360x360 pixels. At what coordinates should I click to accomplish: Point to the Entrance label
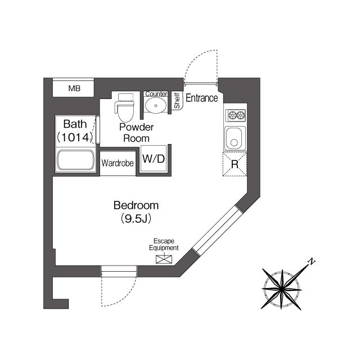201,98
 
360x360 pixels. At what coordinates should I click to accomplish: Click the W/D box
154,159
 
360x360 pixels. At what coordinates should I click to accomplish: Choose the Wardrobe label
118,164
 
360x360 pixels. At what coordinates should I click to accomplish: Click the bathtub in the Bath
75,160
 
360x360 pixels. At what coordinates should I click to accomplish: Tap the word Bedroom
136,205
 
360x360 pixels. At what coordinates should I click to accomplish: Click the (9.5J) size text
136,218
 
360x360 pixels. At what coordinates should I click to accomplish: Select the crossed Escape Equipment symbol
164,259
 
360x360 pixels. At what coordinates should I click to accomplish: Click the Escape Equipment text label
164,244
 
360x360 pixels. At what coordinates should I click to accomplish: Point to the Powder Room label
136,133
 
